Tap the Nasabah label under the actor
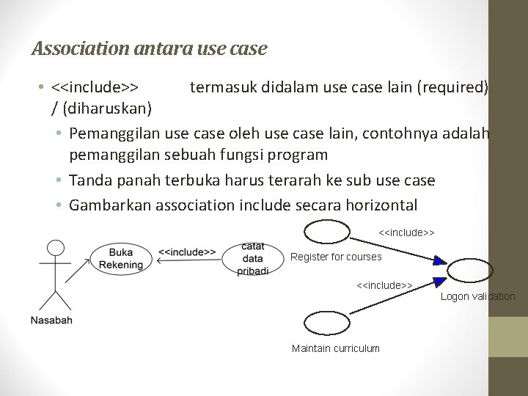point(51,320)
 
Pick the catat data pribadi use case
point(253,259)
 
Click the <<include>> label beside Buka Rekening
point(187,252)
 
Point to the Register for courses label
point(336,257)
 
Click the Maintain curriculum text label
point(336,348)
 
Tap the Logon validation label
point(478,296)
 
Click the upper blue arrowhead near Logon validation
point(439,260)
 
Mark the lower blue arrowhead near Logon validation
point(439,281)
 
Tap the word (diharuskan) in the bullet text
point(107,109)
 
